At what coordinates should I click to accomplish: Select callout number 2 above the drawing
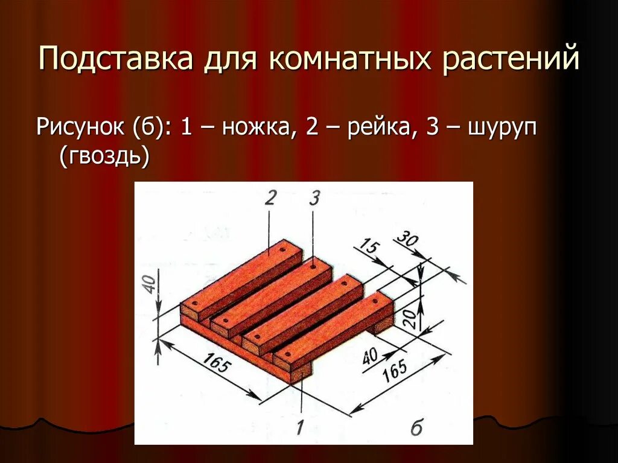point(269,198)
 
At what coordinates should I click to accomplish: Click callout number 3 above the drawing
point(314,198)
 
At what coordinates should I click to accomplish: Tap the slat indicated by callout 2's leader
point(260,272)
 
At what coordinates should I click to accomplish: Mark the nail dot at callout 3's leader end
point(314,264)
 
